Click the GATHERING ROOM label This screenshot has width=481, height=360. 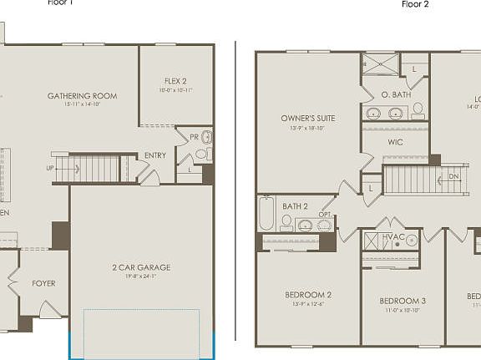[x=82, y=96]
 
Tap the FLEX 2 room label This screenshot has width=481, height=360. [x=175, y=81]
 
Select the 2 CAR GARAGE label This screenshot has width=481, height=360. [x=141, y=267]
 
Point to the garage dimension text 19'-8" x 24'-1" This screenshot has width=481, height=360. [x=141, y=277]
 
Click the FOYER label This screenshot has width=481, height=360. [x=43, y=284]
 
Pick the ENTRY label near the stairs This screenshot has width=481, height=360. [x=154, y=155]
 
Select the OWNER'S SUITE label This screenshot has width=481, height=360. [x=308, y=119]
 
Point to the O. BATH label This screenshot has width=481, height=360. [x=395, y=94]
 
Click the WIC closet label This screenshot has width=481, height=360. [x=395, y=142]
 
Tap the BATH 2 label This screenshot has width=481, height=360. [x=296, y=205]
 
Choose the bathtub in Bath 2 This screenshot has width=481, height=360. [x=266, y=214]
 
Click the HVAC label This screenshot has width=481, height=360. [x=393, y=237]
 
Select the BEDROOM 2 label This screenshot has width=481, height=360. [x=308, y=295]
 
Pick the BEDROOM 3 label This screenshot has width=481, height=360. [x=403, y=301]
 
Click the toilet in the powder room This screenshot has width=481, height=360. [x=205, y=139]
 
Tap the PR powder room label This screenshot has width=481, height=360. [x=193, y=136]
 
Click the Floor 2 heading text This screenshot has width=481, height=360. [x=415, y=4]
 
